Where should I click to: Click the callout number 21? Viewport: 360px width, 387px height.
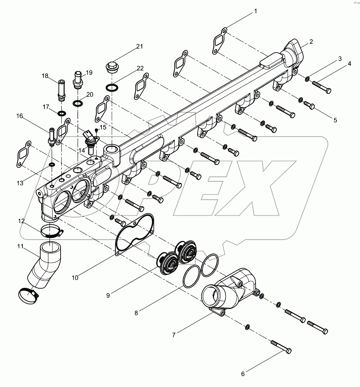tap(140, 47)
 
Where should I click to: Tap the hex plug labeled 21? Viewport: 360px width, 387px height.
tap(112, 67)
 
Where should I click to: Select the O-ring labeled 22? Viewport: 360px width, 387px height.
tap(111, 87)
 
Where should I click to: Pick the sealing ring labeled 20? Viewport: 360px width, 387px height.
tap(78, 104)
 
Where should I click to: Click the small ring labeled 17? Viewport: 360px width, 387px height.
tap(62, 113)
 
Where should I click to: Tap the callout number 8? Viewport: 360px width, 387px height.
tap(136, 313)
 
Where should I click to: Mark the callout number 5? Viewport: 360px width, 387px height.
tap(335, 120)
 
